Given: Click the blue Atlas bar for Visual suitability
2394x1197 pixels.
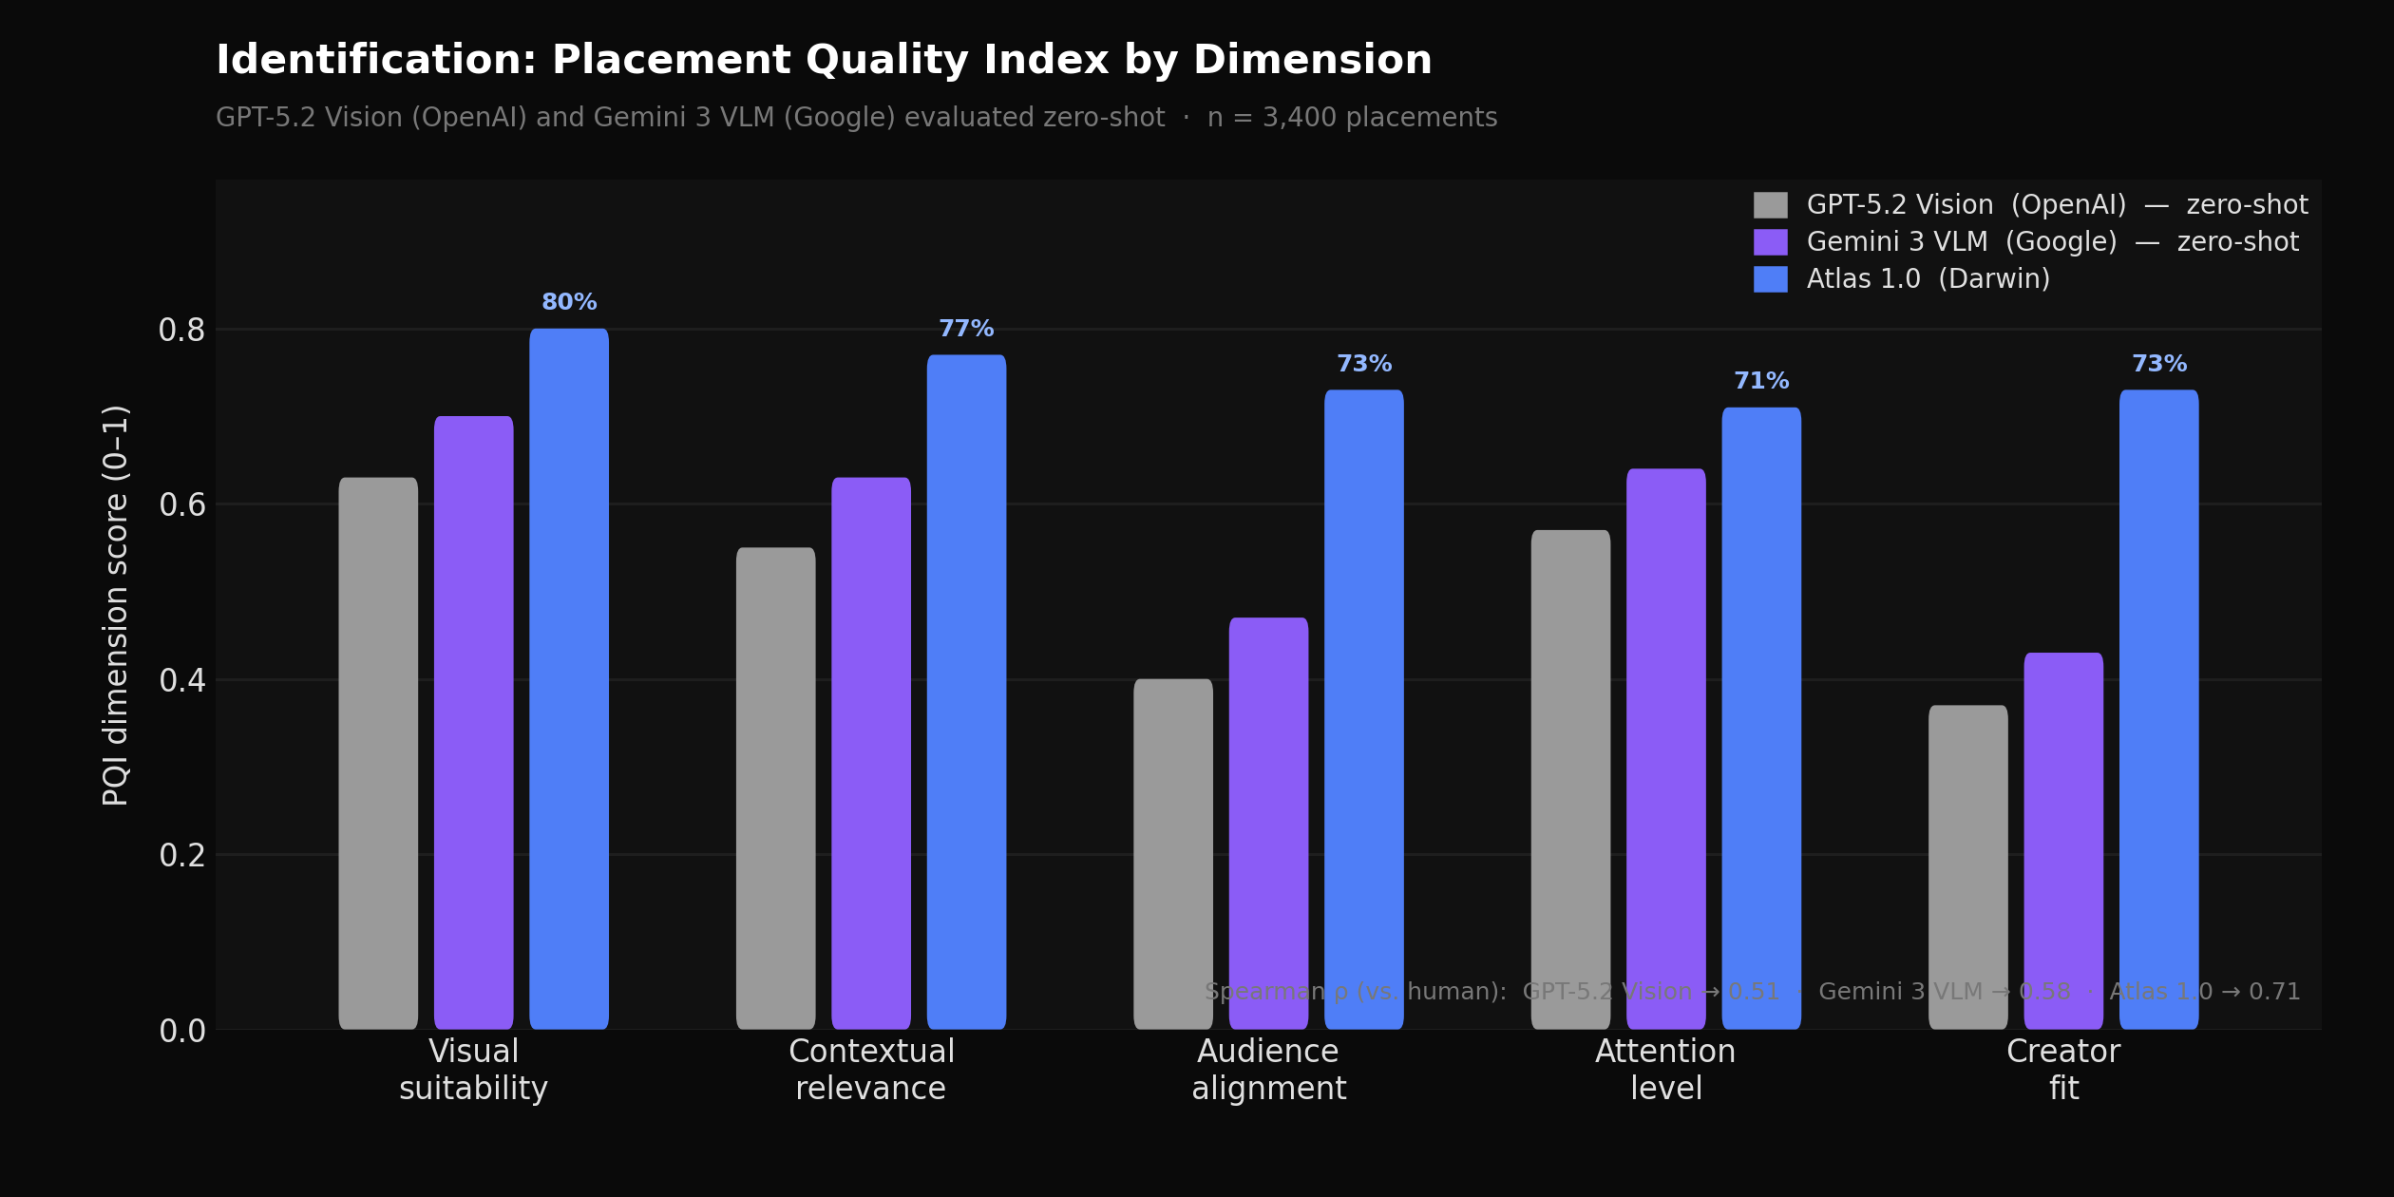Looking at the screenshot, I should click(569, 679).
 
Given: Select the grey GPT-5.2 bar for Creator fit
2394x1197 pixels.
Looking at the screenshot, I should click(1967, 866).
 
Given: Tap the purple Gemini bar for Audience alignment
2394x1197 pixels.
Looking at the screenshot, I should click(1268, 823).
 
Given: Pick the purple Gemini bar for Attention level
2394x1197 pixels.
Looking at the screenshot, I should click(1665, 749).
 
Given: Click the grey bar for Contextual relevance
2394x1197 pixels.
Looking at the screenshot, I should click(775, 788).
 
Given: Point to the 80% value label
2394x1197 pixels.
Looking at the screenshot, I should click(569, 302).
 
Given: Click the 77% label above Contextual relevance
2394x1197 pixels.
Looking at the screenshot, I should click(966, 329).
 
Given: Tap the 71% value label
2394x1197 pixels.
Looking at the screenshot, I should click(1761, 381).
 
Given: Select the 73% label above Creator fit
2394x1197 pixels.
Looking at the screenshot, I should click(2158, 364).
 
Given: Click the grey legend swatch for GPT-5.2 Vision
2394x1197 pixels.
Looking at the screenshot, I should click(1770, 205).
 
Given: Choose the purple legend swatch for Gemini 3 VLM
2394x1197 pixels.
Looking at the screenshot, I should click(1770, 242).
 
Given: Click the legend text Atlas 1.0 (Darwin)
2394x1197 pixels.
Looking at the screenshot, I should click(1928, 279).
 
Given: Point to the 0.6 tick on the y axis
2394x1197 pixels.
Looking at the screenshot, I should click(181, 505).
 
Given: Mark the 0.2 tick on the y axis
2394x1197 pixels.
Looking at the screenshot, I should click(181, 856).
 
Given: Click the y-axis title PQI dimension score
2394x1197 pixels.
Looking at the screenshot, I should click(116, 605).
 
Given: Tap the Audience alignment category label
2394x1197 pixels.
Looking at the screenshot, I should click(1268, 1070).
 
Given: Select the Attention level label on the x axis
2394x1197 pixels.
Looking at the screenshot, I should click(1665, 1070).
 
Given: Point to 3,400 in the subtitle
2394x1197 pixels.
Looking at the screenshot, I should click(1296, 118).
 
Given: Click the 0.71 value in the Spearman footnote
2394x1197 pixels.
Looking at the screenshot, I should click(2274, 992).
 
